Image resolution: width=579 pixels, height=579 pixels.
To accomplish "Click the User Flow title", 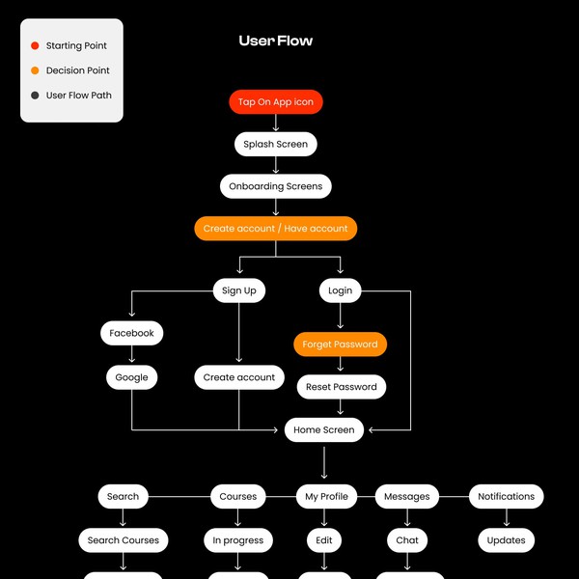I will click(x=276, y=41).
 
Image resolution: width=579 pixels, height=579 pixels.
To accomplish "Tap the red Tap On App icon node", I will click(x=276, y=101).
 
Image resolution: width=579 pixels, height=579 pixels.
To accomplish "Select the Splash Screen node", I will click(x=276, y=144).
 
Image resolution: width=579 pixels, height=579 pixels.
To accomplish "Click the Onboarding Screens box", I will click(x=276, y=186).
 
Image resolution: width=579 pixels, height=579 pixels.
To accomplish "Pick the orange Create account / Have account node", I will click(x=276, y=229).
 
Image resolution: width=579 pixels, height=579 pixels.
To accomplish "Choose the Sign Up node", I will click(x=239, y=290).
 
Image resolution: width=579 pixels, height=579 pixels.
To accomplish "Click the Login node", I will click(x=340, y=290).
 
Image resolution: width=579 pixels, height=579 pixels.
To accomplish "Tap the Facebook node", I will click(x=131, y=333).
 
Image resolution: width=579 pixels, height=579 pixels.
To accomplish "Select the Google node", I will click(x=131, y=377).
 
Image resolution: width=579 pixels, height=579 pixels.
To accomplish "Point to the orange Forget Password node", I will click(x=340, y=344).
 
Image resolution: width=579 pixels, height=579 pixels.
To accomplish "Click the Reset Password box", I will click(x=342, y=387).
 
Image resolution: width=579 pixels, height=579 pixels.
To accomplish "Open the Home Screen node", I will click(x=324, y=430).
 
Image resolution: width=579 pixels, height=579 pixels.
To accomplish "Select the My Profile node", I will click(x=326, y=497).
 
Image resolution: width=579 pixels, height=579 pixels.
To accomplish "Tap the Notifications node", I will click(x=506, y=497).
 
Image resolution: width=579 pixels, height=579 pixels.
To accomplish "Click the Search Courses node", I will click(x=124, y=540).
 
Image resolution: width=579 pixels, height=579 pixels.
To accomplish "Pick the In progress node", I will click(x=238, y=540).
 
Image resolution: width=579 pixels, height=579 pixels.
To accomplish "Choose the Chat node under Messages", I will click(x=407, y=540).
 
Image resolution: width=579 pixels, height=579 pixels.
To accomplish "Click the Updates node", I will click(x=506, y=540).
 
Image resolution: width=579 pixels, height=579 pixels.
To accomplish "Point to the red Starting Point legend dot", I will click(x=35, y=45).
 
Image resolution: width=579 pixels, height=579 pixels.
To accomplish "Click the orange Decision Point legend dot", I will click(x=35, y=70).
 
